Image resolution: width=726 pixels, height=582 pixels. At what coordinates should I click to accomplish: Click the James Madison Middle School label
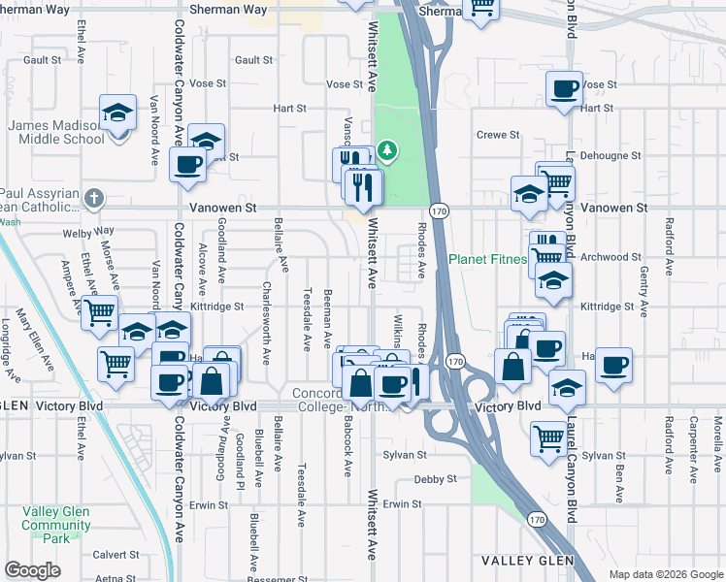[56, 131]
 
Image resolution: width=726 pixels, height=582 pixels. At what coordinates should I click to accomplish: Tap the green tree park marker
[387, 150]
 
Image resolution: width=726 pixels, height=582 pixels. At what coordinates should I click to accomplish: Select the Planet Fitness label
[487, 259]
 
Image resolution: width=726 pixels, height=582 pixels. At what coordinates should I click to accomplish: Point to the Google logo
[32, 570]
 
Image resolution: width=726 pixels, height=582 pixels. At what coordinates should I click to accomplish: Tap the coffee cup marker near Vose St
[563, 90]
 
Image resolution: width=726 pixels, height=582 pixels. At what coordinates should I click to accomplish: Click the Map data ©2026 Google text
[666, 574]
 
